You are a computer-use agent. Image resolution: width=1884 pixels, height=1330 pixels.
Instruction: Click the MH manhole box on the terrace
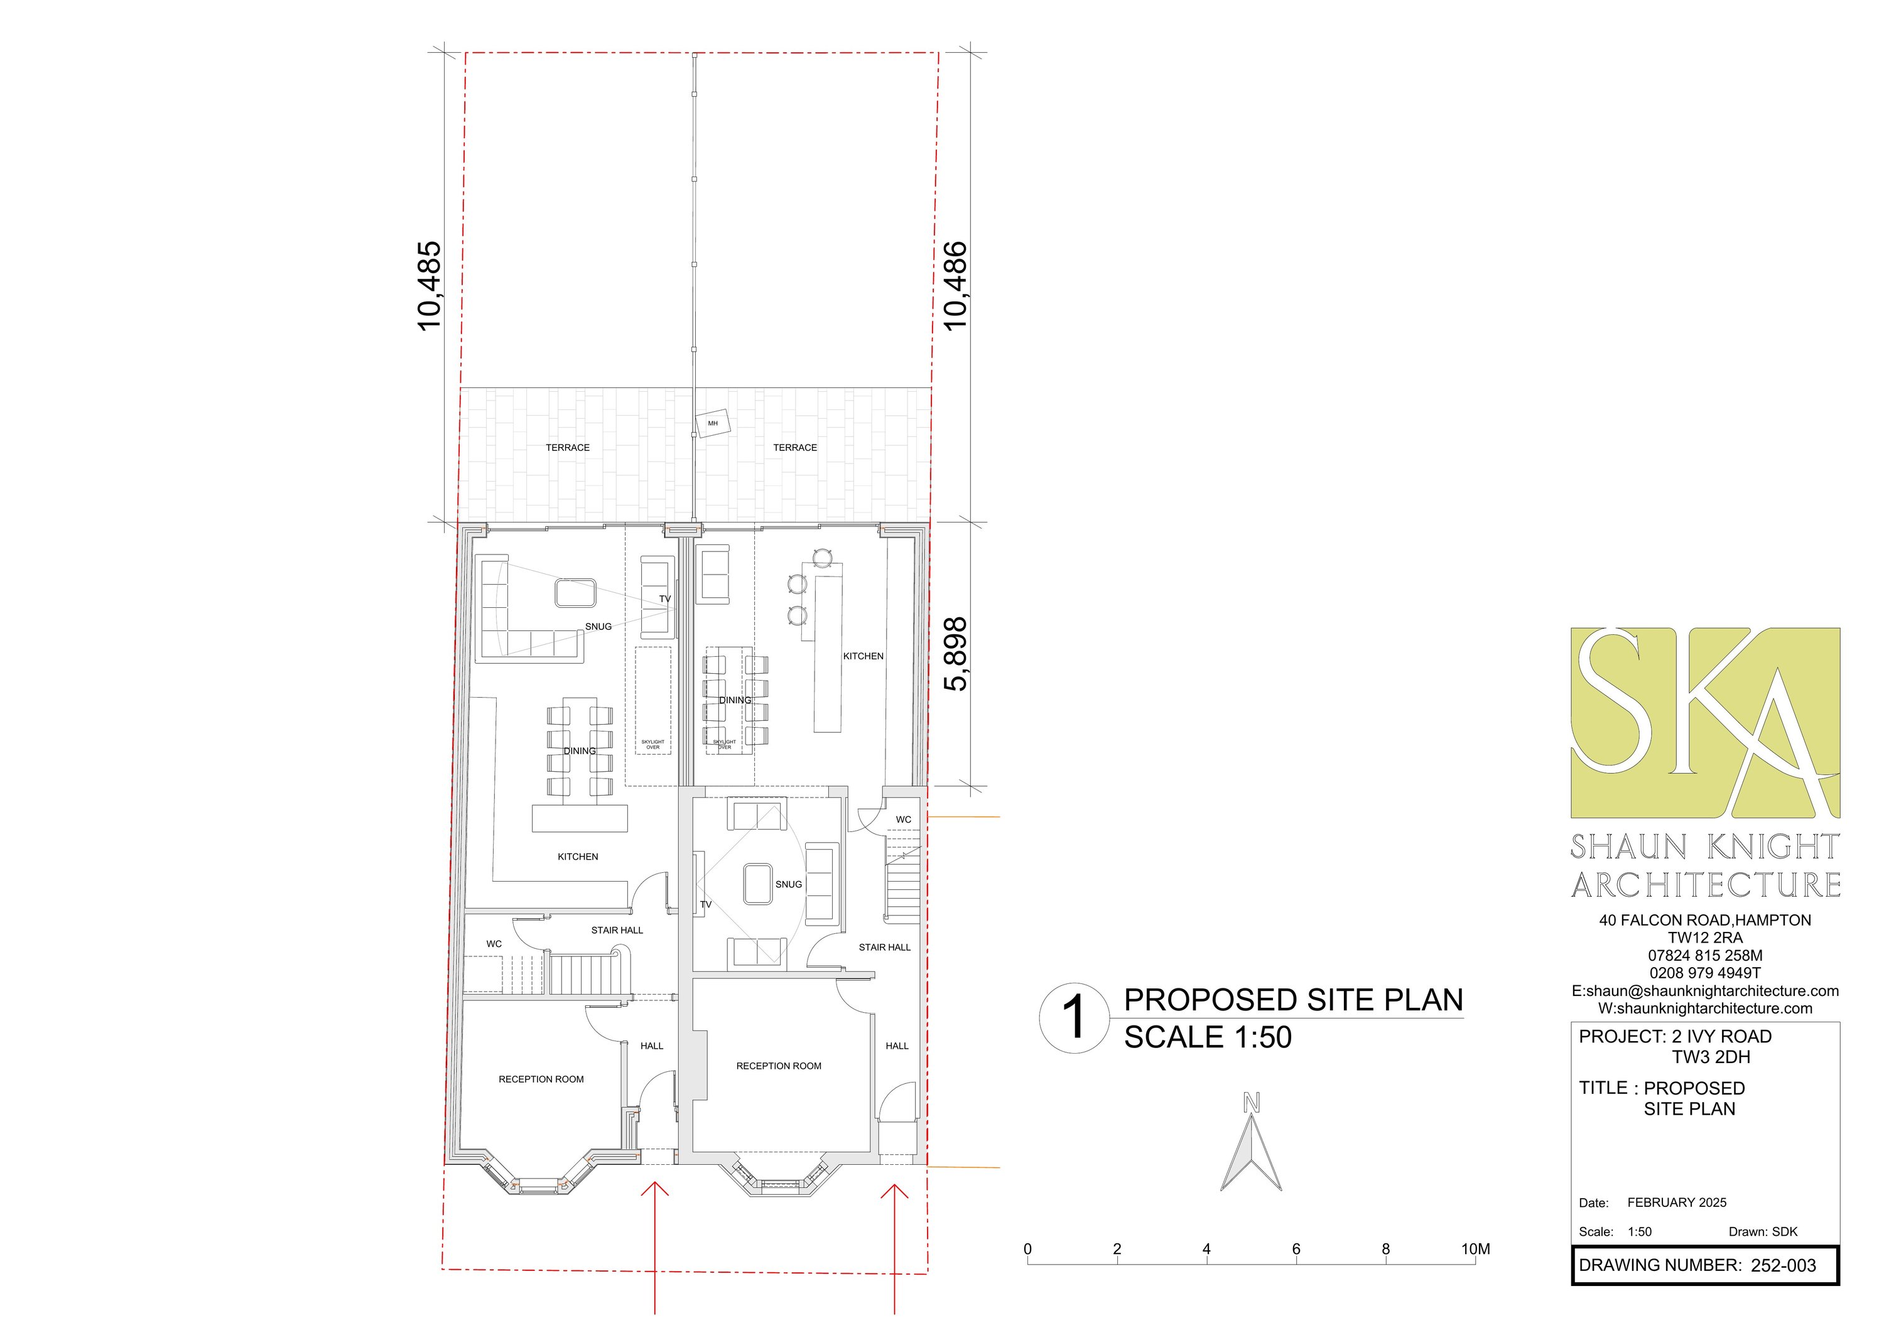[x=712, y=423]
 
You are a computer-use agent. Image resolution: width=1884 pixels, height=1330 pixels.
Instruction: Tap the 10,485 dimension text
[x=429, y=286]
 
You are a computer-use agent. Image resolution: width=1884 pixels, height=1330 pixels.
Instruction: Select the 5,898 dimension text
[x=956, y=654]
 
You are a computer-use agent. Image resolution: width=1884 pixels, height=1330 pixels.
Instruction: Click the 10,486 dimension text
[x=956, y=286]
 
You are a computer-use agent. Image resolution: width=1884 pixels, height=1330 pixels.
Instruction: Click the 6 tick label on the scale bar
[x=1296, y=1249]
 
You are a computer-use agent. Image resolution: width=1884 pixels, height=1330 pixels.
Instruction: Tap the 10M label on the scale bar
[x=1475, y=1249]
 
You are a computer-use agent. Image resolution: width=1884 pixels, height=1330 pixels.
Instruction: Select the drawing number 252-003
[x=1783, y=1265]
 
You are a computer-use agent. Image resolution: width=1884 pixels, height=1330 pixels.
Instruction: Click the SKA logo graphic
[x=1705, y=723]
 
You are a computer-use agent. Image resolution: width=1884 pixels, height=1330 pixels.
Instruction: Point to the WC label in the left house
[x=494, y=944]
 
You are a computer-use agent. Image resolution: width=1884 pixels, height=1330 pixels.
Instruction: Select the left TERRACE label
[x=568, y=447]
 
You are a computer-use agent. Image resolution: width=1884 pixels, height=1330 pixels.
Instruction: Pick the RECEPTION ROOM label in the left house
[x=541, y=1079]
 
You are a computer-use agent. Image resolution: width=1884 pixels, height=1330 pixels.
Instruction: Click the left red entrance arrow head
[x=654, y=1187]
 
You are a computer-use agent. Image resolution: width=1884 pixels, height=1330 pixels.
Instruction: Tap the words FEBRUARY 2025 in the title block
[x=1676, y=1202]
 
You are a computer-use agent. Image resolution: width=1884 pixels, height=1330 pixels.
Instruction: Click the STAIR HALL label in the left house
[x=617, y=929]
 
